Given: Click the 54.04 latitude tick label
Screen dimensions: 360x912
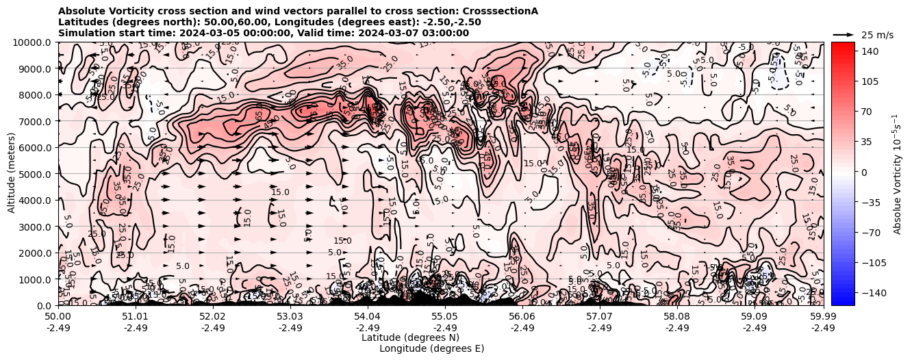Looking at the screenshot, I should coord(368,317).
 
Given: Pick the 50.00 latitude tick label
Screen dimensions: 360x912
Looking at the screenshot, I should coord(58,317).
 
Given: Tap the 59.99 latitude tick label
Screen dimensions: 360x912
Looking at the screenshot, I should coord(823,317).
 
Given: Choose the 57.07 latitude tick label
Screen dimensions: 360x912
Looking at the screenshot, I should coord(600,317).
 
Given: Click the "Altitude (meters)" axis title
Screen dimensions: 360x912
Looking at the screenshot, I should coord(12,174).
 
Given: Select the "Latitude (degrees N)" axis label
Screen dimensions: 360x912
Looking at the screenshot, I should coord(410,337).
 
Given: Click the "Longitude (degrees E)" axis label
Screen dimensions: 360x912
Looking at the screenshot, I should coord(431,348).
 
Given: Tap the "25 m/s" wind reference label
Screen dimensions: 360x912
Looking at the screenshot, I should coord(877,35).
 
